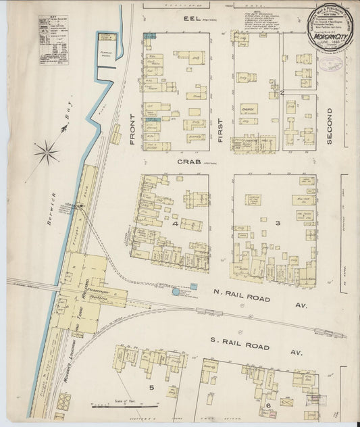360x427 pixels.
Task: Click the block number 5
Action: [x=152, y=387]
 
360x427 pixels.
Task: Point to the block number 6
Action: [x=268, y=404]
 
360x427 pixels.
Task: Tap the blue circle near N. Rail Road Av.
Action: [x=176, y=292]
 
